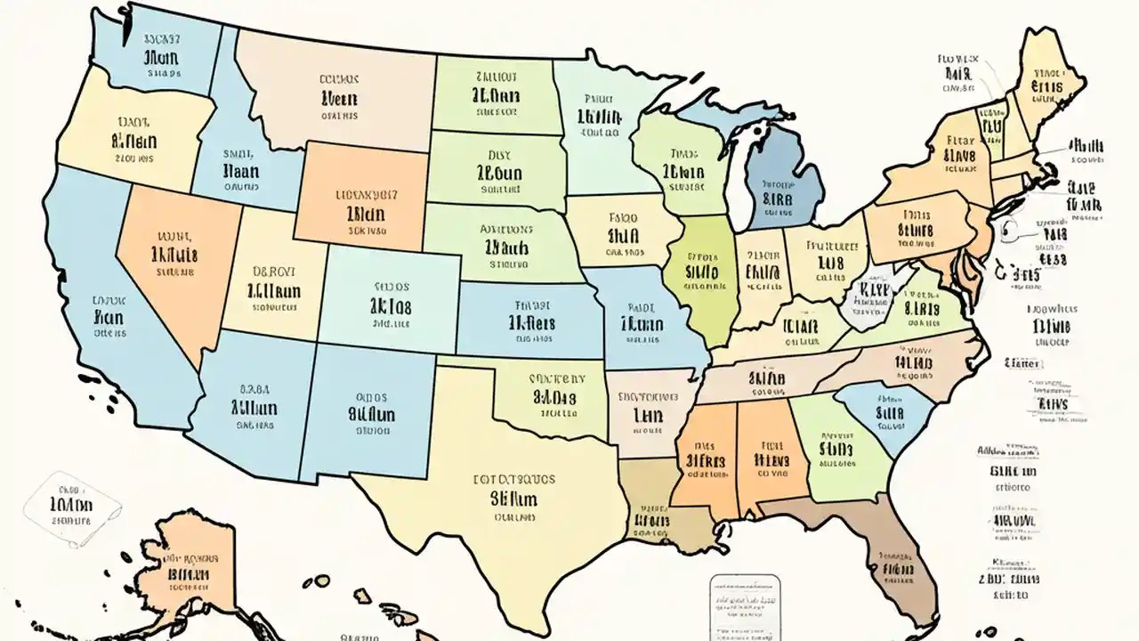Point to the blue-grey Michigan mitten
(783, 187)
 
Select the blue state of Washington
(160, 53)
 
